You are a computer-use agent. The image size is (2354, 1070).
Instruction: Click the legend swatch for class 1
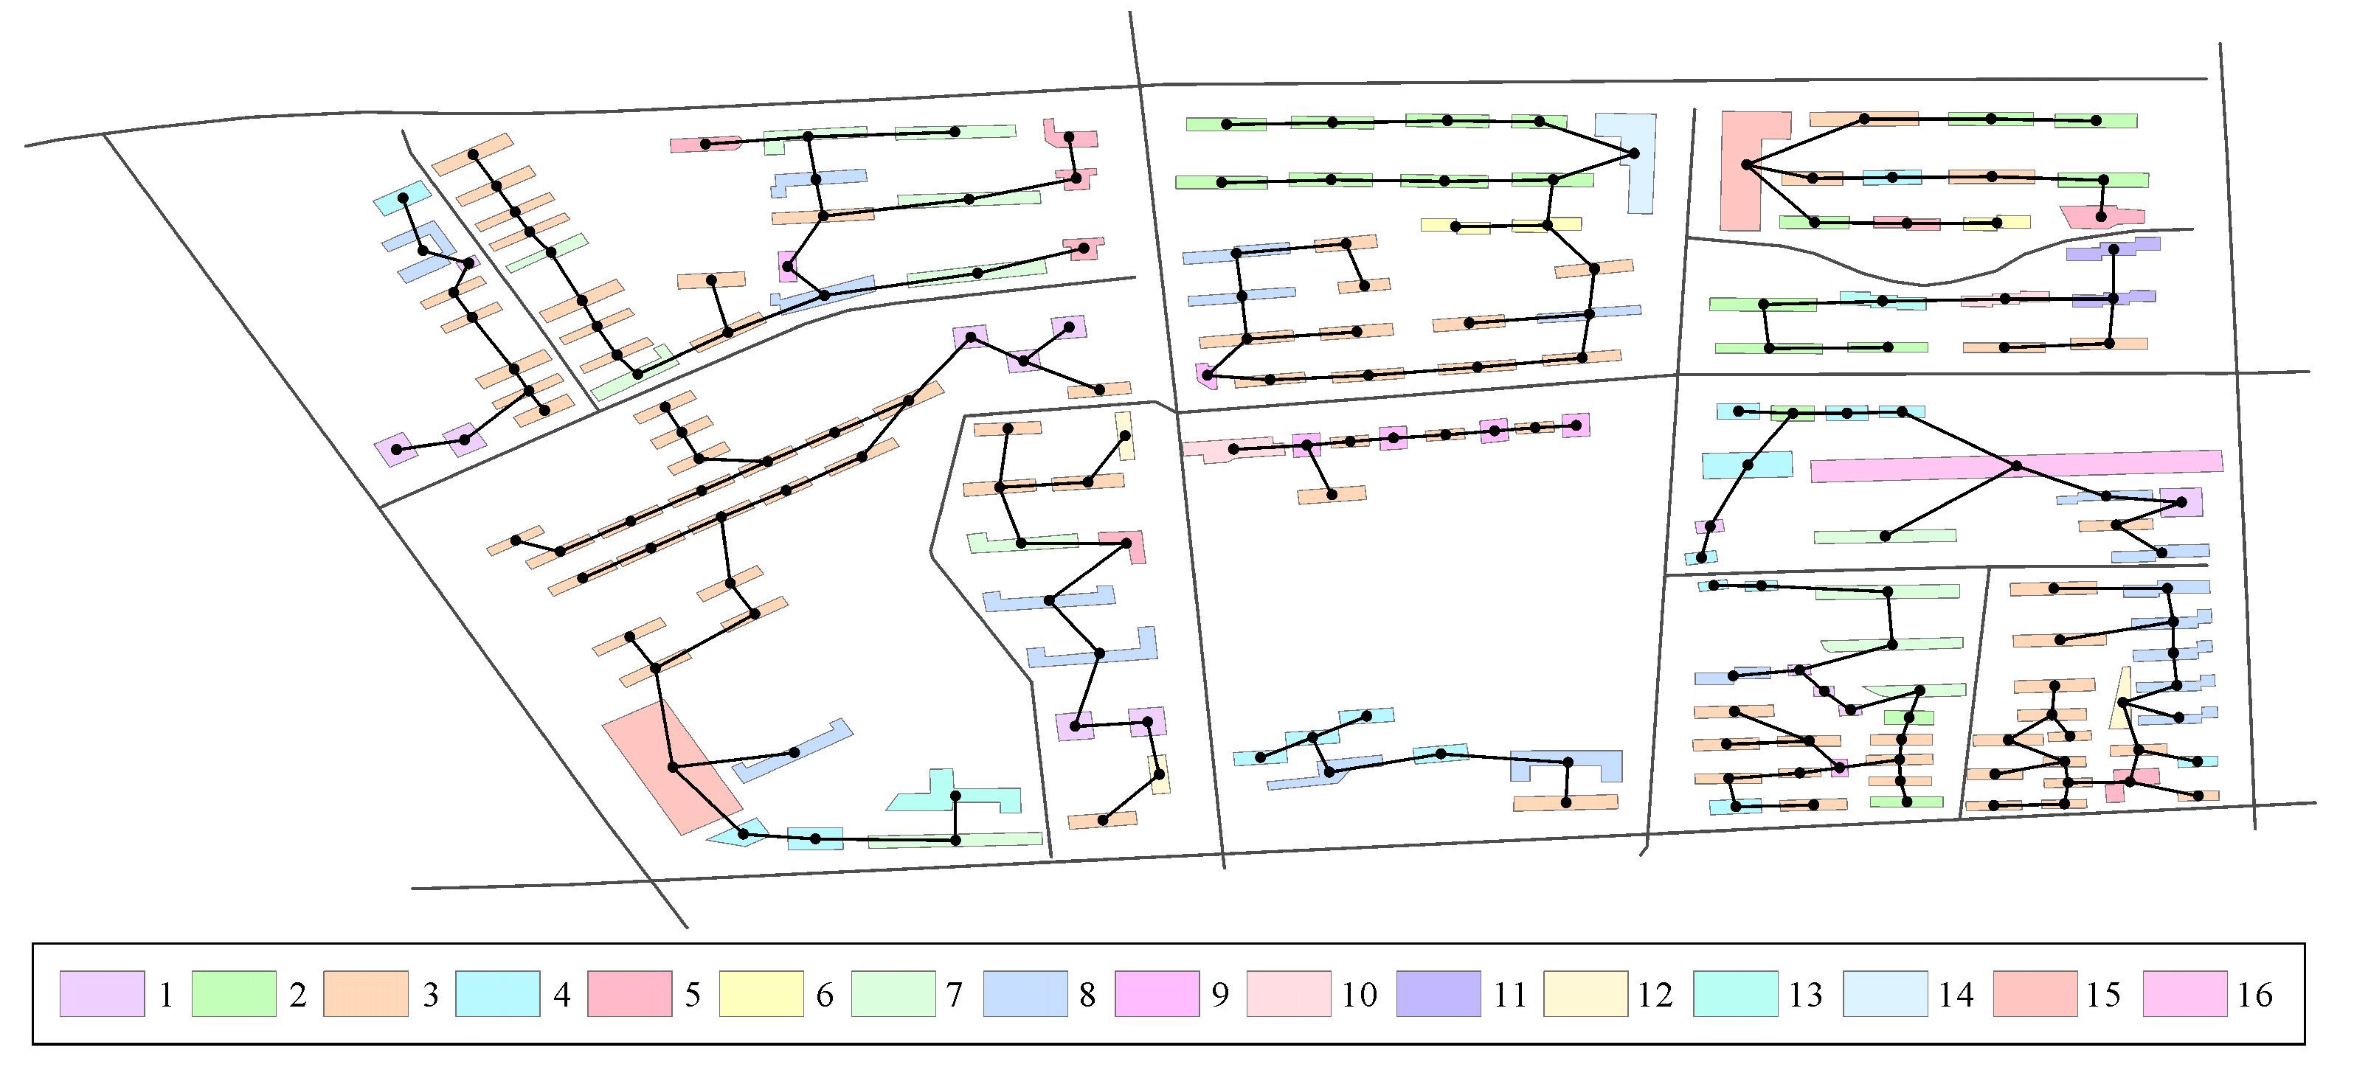[102, 993]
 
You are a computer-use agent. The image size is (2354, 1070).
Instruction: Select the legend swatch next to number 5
[629, 993]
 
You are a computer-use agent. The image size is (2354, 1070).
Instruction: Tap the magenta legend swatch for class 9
[1156, 993]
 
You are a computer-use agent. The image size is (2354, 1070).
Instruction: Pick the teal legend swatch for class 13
[1734, 993]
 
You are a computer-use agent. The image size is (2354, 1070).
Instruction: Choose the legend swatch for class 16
[2184, 993]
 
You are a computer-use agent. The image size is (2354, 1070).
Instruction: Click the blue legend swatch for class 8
[1025, 993]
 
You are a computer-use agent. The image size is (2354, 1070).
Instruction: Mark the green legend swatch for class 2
[233, 993]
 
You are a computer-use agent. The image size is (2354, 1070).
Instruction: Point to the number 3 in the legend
[430, 994]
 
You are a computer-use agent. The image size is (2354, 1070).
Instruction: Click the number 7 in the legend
[955, 994]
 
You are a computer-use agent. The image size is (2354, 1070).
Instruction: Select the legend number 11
[1509, 994]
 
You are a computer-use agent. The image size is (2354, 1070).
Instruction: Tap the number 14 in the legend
[1956, 994]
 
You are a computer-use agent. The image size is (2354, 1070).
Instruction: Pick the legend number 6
[824, 994]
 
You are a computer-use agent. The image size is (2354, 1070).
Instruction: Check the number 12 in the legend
[1655, 994]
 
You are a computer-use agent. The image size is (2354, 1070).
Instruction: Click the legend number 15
[2104, 994]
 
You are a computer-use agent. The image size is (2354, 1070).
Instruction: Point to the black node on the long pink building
[2017, 467]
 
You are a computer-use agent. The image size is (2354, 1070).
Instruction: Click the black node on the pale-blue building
[1634, 153]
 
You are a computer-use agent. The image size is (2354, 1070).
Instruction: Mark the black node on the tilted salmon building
[673, 768]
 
